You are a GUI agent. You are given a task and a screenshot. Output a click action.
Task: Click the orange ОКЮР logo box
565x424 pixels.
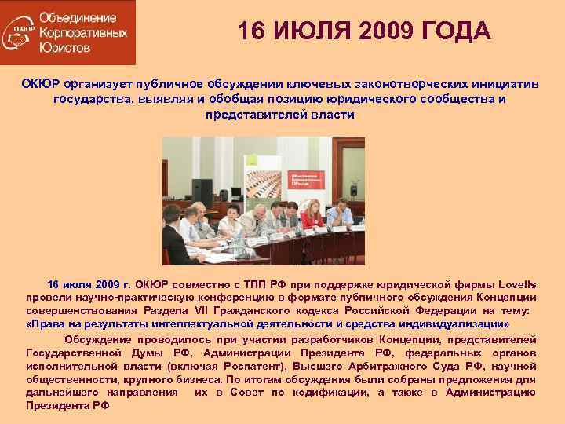67,32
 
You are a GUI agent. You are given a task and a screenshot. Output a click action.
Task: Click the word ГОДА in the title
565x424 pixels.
457,32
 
